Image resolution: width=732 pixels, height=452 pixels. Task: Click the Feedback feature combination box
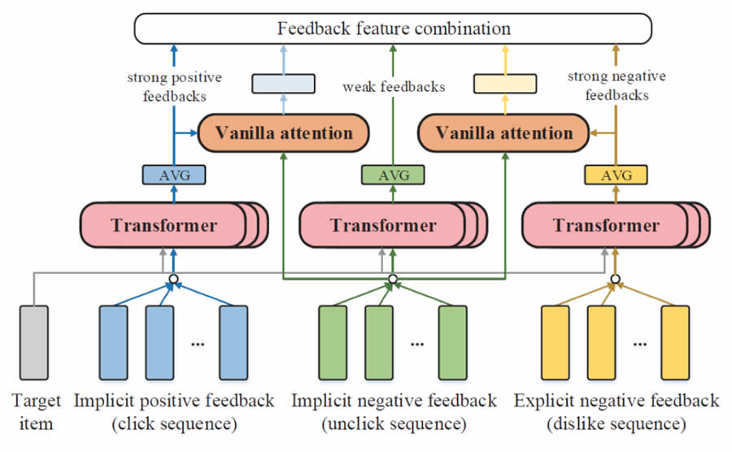pyautogui.click(x=394, y=29)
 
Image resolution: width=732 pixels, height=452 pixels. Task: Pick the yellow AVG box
pyautogui.click(x=616, y=174)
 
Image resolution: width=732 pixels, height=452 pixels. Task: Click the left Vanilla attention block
pyautogui.click(x=283, y=133)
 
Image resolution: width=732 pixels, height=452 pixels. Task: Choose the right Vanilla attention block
pyautogui.click(x=503, y=133)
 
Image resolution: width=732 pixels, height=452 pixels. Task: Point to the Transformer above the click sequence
pyautogui.click(x=164, y=225)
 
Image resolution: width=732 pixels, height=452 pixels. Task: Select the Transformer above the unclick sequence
pyautogui.click(x=383, y=225)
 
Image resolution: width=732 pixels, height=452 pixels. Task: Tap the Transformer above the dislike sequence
pyautogui.click(x=606, y=225)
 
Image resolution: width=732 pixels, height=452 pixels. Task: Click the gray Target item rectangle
pyautogui.click(x=33, y=340)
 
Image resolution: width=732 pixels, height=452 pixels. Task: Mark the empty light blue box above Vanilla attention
pyautogui.click(x=283, y=84)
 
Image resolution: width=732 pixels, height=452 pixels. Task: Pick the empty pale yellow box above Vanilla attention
pyautogui.click(x=504, y=84)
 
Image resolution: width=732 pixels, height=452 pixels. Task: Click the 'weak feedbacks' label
pyautogui.click(x=394, y=86)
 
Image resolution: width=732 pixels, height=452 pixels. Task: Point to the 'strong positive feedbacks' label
pyautogui.click(x=175, y=85)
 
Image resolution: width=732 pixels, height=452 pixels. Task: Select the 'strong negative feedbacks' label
pyautogui.click(x=617, y=85)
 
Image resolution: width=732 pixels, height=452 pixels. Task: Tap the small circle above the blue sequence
pyautogui.click(x=173, y=280)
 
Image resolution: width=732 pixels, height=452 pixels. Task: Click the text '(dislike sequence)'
pyautogui.click(x=617, y=424)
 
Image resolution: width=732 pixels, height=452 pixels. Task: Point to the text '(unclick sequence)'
pyautogui.click(x=394, y=424)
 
